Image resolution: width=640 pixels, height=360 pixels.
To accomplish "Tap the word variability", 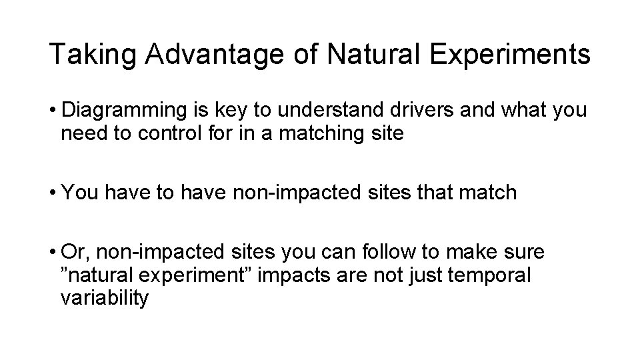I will click(104, 298).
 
